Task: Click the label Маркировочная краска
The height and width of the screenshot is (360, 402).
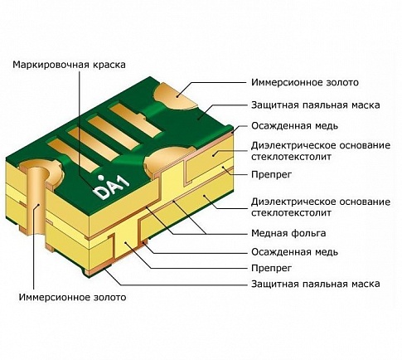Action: coord(69,65)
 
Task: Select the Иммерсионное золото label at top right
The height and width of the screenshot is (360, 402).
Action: coord(305,82)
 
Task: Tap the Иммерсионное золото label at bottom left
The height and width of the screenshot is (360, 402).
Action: coord(72,297)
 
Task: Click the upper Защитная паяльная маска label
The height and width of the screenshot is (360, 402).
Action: coord(315,105)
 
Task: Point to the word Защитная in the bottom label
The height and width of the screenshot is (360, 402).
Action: coord(274,284)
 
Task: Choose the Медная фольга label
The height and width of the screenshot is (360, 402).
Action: coord(288,233)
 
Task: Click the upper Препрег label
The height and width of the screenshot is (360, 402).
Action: coord(271,174)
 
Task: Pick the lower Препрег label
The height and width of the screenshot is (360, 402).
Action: coord(271,268)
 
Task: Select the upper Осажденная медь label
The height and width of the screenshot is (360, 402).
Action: coord(294,126)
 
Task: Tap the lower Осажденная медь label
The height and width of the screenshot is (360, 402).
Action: coord(294,252)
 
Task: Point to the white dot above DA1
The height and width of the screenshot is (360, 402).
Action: coord(101,177)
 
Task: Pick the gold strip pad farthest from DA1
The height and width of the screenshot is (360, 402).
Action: coord(135,119)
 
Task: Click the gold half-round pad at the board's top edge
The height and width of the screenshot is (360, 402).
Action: coord(175,96)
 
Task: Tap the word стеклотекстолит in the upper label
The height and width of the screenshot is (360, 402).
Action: coord(291,157)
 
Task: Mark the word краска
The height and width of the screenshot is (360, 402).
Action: coord(109,65)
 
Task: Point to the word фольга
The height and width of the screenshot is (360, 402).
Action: coord(308,233)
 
